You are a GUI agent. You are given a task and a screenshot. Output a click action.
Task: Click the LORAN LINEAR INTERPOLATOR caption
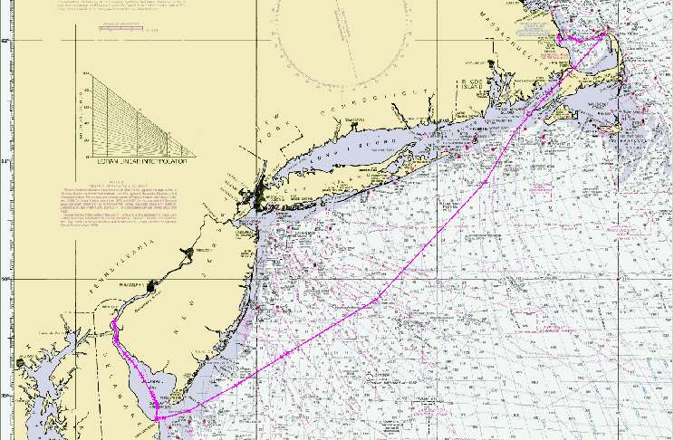134,161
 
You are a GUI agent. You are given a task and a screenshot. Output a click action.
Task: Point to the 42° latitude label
5,42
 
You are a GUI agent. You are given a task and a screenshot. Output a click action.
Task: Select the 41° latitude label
5,160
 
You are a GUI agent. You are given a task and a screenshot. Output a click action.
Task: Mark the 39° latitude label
5,396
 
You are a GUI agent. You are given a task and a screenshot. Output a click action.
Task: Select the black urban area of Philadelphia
150,286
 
